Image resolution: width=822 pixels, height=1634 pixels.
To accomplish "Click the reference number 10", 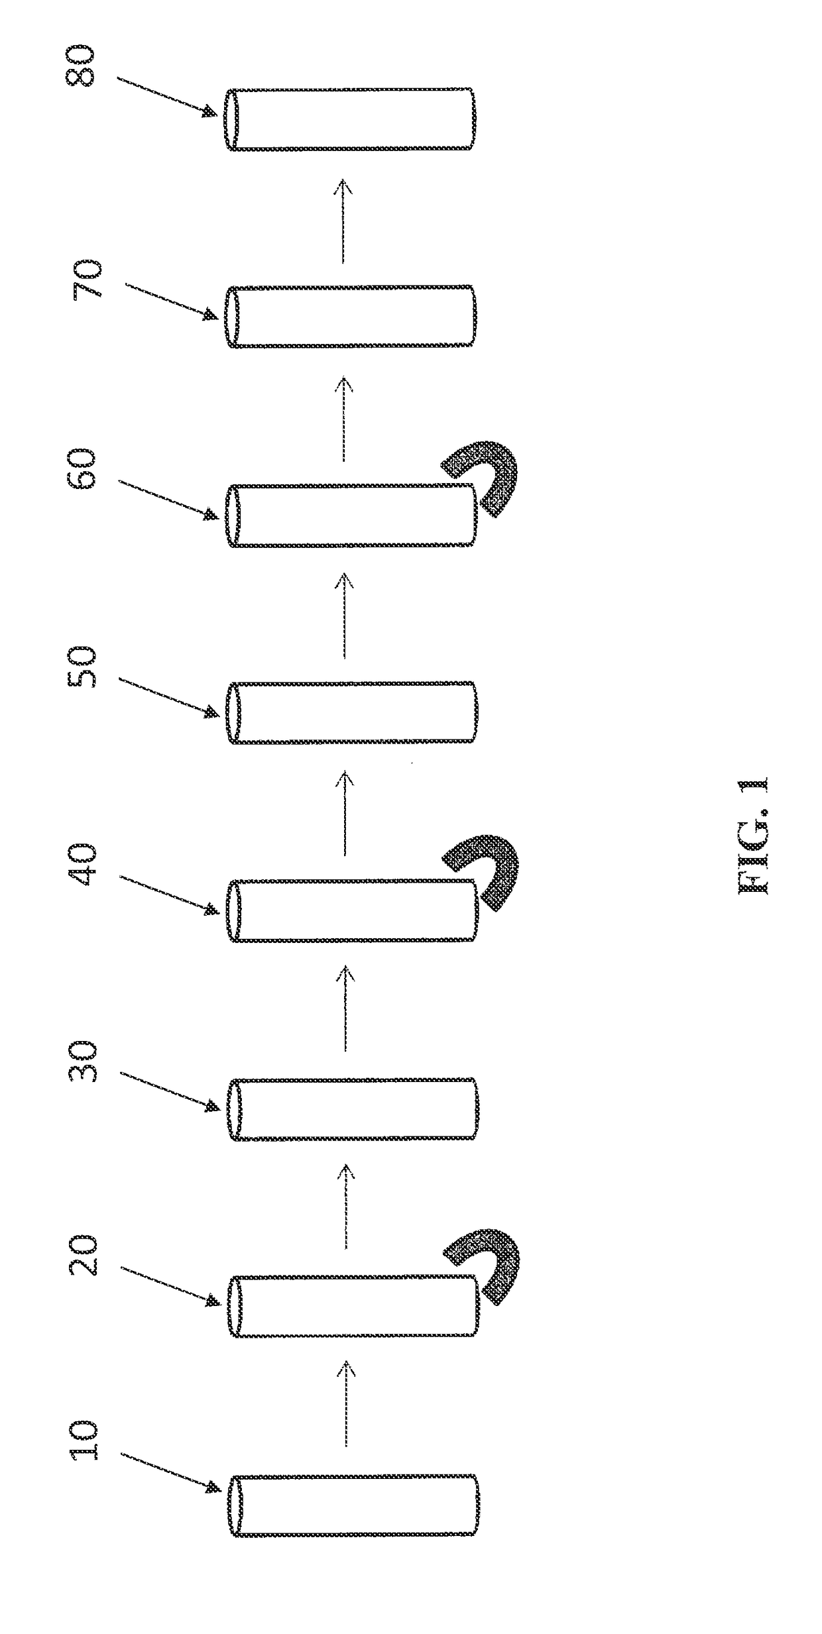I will click(x=85, y=1440).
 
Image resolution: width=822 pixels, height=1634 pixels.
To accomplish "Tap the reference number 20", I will click(x=85, y=1254).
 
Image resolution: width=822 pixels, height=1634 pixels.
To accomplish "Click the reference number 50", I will click(x=85, y=667).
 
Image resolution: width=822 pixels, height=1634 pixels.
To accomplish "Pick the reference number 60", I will click(x=85, y=469).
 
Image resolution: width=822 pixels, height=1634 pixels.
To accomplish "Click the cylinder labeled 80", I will click(x=349, y=119).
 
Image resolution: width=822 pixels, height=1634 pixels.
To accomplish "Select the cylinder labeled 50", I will click(x=351, y=712).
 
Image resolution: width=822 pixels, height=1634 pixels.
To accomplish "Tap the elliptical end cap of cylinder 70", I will click(x=231, y=316).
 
